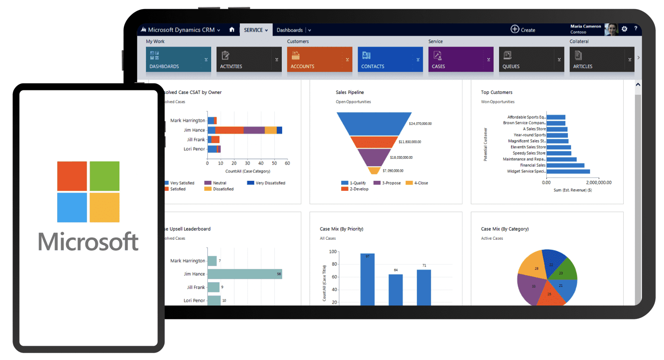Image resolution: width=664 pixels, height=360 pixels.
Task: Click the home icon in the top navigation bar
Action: (232, 30)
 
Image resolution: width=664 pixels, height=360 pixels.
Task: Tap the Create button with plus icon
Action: (523, 29)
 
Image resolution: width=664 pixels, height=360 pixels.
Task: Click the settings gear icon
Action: (624, 29)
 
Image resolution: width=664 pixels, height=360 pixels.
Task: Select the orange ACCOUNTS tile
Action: (319, 59)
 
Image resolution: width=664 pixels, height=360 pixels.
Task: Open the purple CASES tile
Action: (461, 59)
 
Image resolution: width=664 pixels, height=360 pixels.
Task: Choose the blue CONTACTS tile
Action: (390, 59)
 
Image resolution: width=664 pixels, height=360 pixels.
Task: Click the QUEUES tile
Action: (531, 59)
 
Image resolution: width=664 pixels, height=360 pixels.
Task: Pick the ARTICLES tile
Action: (602, 59)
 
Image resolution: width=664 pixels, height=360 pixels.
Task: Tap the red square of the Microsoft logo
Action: (72, 176)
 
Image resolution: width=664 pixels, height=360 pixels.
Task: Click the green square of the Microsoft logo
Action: (104, 176)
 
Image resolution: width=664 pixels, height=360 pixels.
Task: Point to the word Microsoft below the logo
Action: (88, 241)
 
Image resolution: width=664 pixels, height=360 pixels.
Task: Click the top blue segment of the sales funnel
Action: (374, 123)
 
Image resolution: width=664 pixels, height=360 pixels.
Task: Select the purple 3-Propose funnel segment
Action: (374, 157)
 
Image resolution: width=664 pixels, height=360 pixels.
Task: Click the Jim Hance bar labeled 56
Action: (245, 274)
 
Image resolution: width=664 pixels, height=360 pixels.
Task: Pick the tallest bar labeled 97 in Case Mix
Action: (367, 279)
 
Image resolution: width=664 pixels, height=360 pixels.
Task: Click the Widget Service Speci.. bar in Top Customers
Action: (568, 171)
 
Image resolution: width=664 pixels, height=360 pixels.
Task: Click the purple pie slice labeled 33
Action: (532, 288)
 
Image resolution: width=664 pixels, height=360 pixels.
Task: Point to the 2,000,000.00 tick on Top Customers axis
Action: (599, 182)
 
